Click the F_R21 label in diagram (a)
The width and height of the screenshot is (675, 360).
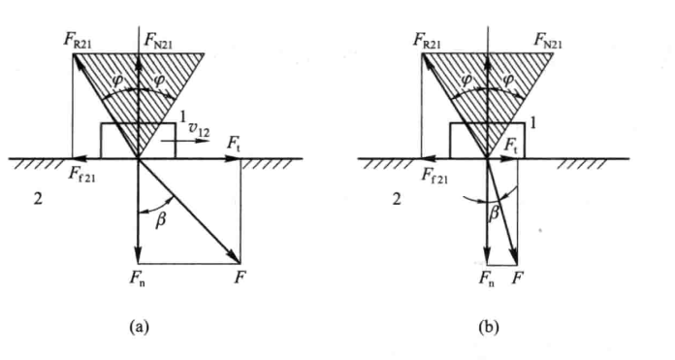point(78,41)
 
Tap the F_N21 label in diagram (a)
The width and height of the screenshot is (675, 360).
point(158,42)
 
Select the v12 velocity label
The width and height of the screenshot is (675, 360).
point(200,131)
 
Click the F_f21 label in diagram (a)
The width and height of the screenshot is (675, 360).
point(82,175)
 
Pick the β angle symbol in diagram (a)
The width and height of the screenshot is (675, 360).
point(160,221)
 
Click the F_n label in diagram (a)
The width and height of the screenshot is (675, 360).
point(138,278)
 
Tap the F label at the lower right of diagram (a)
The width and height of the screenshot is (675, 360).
point(240,278)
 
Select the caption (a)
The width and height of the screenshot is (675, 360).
point(139,327)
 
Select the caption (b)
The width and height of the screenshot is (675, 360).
point(489,327)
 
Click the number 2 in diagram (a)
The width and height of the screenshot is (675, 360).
point(39,199)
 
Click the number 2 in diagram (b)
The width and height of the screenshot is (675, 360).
point(397,199)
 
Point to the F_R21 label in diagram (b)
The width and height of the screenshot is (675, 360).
point(427,41)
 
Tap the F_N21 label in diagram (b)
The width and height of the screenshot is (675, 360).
point(548,42)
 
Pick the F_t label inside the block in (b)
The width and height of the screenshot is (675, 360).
point(510,147)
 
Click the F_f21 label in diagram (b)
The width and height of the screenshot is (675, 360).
point(434,176)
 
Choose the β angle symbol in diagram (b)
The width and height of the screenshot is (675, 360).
point(495,213)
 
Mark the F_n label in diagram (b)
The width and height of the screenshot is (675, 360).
point(487,279)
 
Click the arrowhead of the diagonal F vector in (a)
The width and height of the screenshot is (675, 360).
point(237,260)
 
